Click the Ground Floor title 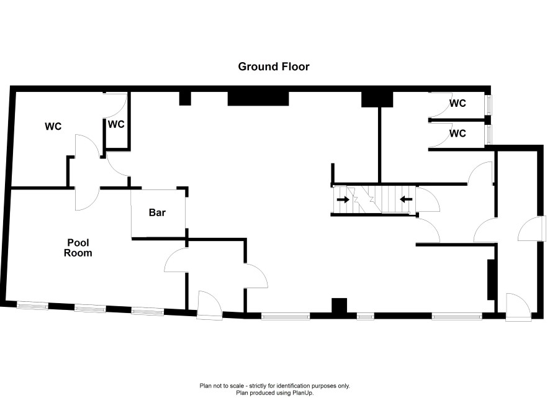tap(274, 66)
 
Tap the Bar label tap(157, 212)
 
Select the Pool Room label tap(80, 248)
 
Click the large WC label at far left tap(53, 126)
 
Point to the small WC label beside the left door tap(116, 124)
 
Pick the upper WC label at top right tap(458, 104)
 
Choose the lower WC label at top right tap(458, 133)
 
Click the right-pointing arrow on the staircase tap(342, 199)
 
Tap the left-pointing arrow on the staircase tap(406, 199)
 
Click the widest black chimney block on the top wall tap(258, 98)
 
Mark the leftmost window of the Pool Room tap(32, 305)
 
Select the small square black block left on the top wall tap(184, 98)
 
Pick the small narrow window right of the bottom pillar tap(366, 316)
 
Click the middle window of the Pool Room tap(90, 308)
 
